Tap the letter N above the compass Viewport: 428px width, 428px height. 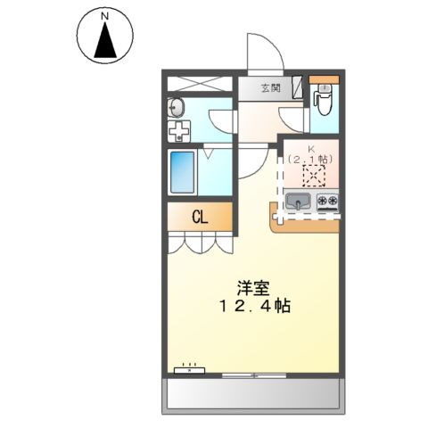pos(105,16)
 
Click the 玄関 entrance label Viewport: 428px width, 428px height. pos(270,88)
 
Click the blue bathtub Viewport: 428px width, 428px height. pos(183,172)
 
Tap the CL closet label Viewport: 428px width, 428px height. pos(200,216)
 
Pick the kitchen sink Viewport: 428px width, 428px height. pos(299,202)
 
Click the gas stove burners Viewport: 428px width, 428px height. pos(326,202)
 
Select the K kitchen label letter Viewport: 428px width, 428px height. pos(311,149)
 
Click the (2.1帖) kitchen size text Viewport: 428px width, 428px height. pos(311,160)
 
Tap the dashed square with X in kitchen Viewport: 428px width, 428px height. pos(313,176)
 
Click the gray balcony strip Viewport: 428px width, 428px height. pos(252,394)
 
